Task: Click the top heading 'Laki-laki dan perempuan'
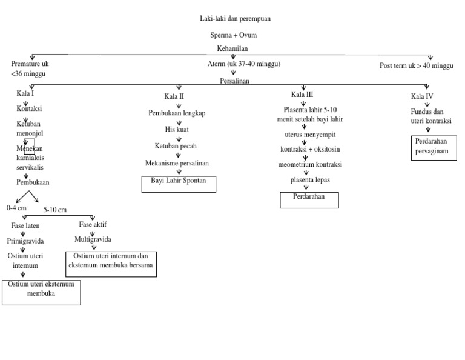click(x=235, y=19)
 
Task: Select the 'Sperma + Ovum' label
click(x=234, y=35)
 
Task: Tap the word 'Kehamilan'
click(x=232, y=48)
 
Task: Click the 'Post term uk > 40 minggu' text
click(x=416, y=66)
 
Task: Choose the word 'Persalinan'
click(x=234, y=80)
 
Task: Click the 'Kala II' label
click(x=174, y=96)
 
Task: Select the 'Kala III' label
click(x=302, y=94)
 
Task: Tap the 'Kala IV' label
click(x=422, y=96)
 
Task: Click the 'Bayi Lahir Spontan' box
click(x=179, y=184)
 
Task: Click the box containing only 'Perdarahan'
click(x=309, y=199)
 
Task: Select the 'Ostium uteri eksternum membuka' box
click(x=41, y=292)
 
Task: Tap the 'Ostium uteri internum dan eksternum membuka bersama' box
click(x=110, y=264)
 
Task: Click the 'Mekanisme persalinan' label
click(x=177, y=164)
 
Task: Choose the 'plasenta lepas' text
click(x=310, y=180)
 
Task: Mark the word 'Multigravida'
click(x=93, y=239)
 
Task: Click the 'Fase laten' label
click(x=25, y=225)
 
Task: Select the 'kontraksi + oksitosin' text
click(x=310, y=149)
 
